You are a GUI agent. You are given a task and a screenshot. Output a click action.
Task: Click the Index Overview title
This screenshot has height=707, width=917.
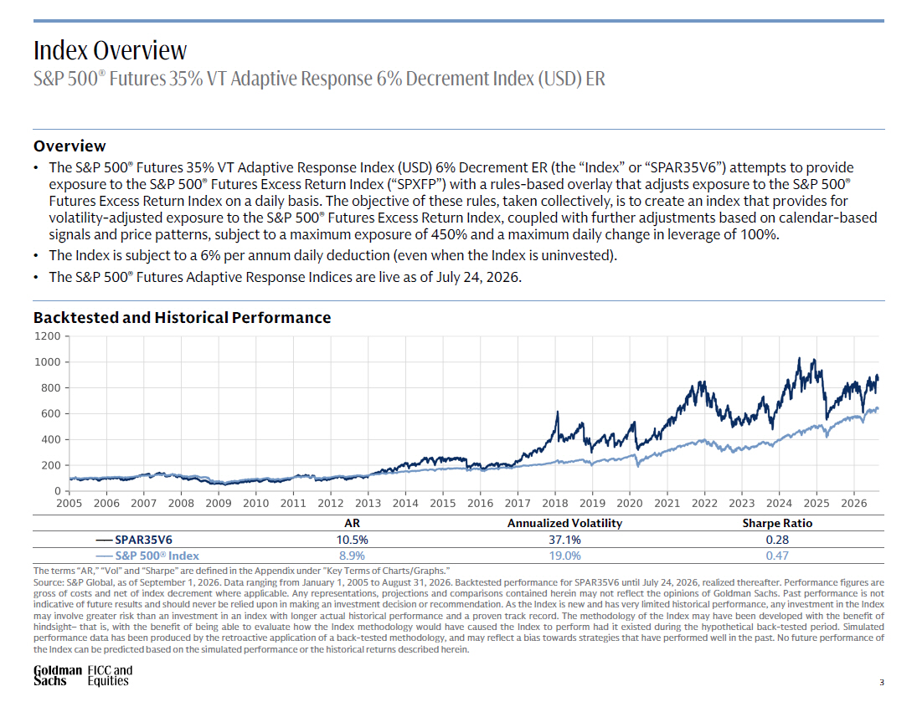click(x=110, y=50)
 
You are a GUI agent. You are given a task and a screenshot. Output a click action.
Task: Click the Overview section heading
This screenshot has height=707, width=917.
click(x=70, y=146)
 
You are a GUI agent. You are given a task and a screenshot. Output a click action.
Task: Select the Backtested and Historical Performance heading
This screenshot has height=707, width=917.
click(x=182, y=317)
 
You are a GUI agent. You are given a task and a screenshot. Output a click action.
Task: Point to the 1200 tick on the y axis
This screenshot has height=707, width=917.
click(x=48, y=336)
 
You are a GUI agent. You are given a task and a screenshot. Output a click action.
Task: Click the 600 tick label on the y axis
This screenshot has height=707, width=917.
click(x=50, y=413)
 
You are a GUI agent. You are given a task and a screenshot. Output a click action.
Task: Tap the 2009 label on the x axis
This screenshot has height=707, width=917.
click(x=218, y=503)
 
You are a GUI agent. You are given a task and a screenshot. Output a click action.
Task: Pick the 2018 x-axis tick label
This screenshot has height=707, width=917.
click(x=554, y=503)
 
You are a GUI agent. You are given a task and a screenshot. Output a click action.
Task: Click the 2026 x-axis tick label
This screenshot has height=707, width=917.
click(x=853, y=503)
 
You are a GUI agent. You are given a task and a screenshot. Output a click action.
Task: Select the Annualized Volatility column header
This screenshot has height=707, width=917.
click(x=564, y=523)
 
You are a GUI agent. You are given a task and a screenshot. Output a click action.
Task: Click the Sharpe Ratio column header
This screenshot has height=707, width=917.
click(x=777, y=523)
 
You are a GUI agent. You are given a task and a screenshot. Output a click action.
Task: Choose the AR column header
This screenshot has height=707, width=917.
click(x=352, y=523)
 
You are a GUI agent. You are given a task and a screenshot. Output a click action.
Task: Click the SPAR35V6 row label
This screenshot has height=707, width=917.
click(x=143, y=540)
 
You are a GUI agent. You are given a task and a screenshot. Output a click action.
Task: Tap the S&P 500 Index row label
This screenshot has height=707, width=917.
click(x=157, y=556)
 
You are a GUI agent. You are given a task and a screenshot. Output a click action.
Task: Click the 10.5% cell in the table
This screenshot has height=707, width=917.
click(x=352, y=540)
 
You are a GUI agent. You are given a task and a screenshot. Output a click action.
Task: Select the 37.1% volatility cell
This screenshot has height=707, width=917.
click(x=564, y=540)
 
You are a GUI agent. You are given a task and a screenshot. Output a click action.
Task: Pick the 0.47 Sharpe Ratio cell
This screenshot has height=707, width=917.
click(x=777, y=556)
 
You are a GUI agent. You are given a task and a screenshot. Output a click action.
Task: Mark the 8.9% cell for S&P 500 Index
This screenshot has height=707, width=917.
click(x=352, y=556)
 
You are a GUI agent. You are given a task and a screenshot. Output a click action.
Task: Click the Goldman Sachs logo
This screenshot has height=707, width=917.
click(x=57, y=675)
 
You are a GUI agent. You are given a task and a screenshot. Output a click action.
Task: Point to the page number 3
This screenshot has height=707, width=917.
click(x=881, y=682)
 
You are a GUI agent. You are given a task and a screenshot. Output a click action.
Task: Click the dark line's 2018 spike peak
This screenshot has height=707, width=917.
click(x=558, y=412)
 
